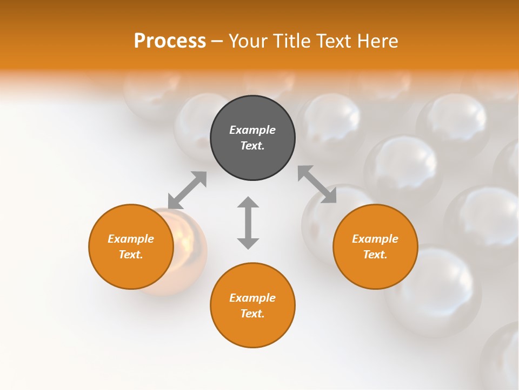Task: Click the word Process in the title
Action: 170,41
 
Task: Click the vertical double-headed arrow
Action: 248,223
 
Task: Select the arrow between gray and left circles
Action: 187,190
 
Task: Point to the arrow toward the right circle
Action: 317,184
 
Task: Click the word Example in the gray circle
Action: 252,130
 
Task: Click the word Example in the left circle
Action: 131,239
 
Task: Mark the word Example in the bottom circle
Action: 252,298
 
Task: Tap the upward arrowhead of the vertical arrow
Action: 248,203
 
